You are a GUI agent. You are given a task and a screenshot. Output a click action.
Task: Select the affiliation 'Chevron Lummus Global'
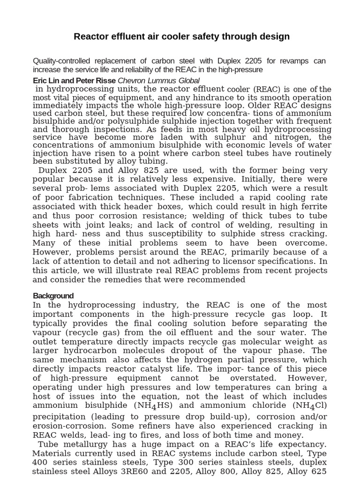158,81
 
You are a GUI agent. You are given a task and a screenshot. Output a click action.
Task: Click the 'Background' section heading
53,296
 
